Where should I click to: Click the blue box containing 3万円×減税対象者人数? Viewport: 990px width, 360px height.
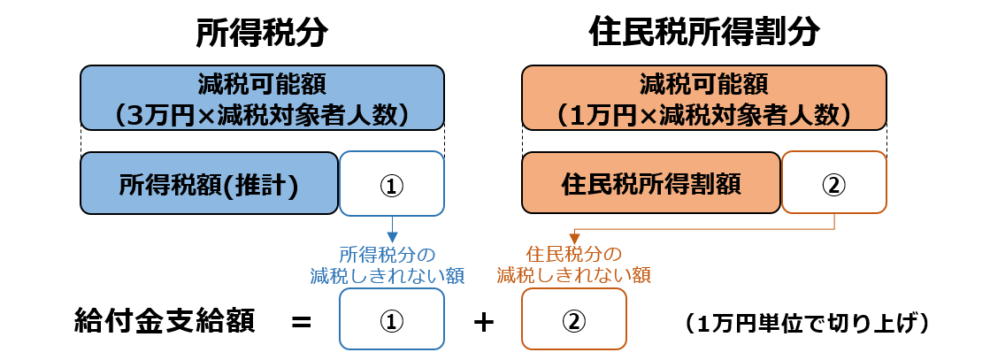262,98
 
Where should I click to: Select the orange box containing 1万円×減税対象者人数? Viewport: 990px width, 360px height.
703,98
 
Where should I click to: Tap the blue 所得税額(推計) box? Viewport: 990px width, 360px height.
209,184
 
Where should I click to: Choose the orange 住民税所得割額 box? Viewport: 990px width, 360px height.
650,184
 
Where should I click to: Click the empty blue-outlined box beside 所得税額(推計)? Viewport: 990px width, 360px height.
392,183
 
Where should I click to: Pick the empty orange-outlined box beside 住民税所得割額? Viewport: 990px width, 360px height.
833,182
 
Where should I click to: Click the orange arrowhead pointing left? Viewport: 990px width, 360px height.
574,239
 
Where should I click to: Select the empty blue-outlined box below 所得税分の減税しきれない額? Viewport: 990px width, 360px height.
392,319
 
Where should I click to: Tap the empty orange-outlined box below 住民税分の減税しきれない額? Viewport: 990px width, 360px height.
574,319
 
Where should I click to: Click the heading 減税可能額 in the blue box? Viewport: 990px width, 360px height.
262,85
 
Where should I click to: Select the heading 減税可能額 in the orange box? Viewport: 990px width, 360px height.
703,85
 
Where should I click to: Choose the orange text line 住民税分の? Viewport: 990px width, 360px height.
573,254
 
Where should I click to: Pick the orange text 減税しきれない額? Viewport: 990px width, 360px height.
573,276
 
